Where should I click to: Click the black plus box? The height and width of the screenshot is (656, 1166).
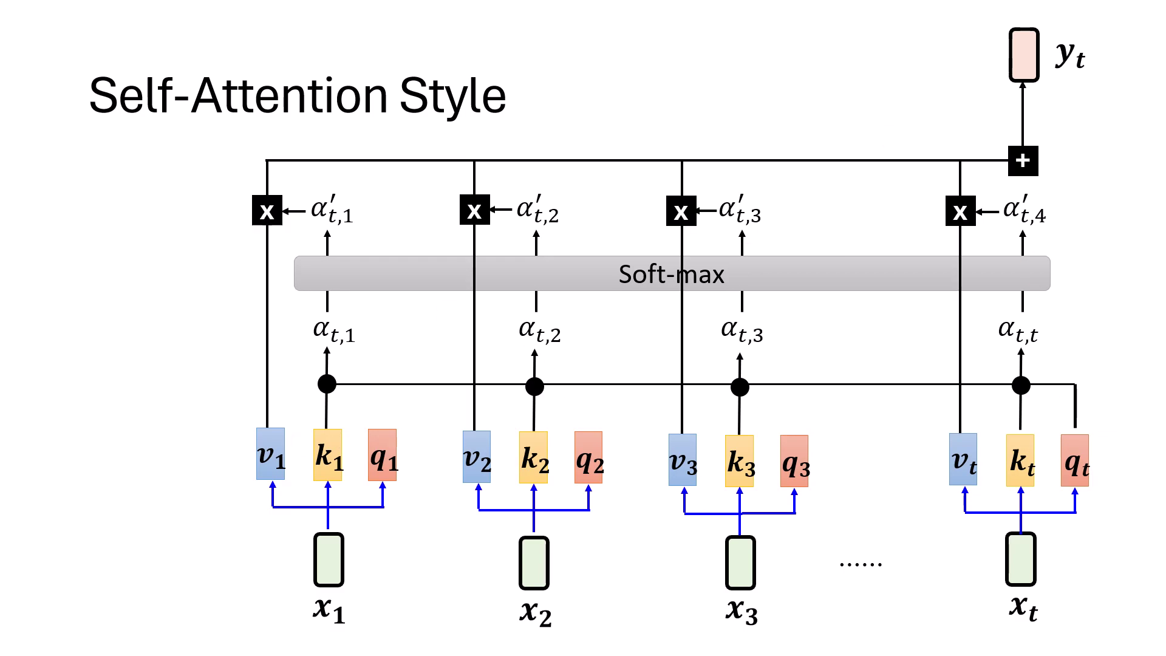(1023, 161)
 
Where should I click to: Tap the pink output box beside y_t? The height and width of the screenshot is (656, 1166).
(1023, 55)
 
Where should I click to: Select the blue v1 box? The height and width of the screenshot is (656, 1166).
(270, 454)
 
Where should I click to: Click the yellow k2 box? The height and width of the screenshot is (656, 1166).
(533, 457)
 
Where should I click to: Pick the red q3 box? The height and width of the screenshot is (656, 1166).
(794, 461)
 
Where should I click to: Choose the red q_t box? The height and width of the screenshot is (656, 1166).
(1075, 460)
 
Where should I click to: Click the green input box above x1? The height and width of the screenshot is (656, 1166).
(329, 559)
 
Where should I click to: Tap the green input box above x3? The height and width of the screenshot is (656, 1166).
(740, 563)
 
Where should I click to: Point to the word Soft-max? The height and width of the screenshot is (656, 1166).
(671, 274)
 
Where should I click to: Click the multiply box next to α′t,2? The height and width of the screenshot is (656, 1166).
(474, 210)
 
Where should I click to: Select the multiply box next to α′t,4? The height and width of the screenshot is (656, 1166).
(960, 211)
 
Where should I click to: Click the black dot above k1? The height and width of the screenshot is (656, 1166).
(327, 384)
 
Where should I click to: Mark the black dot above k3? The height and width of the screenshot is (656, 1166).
(740, 387)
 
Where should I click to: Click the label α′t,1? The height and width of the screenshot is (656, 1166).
(332, 210)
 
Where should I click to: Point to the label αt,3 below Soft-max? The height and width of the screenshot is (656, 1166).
(742, 331)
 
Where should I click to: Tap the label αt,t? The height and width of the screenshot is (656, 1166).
(1018, 331)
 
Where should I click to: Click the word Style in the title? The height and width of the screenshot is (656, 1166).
(452, 96)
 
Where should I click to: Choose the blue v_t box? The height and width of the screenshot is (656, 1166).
(963, 459)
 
